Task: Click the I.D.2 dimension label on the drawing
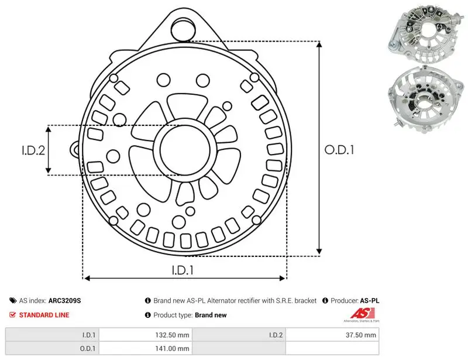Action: click(33, 150)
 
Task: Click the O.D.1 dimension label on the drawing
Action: click(339, 150)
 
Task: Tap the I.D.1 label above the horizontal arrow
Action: click(183, 270)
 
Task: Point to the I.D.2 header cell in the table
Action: click(239, 335)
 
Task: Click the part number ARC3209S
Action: click(64, 300)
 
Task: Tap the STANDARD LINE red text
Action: click(44, 315)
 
